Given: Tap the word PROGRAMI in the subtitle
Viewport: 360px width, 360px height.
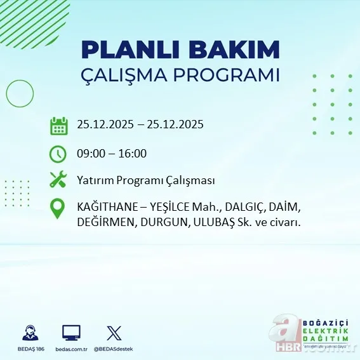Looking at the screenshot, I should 234,74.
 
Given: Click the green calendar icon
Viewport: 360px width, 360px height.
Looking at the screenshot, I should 58,125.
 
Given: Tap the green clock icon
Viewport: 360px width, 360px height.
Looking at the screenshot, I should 58,153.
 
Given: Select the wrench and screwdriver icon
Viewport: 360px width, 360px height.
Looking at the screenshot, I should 58,180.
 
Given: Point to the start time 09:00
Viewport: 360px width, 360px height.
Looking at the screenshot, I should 91,153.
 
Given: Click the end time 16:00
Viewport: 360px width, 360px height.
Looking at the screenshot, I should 132,153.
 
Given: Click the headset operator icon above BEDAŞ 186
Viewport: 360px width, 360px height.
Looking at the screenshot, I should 30,333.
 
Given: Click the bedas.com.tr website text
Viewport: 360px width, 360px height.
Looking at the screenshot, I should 71,349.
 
